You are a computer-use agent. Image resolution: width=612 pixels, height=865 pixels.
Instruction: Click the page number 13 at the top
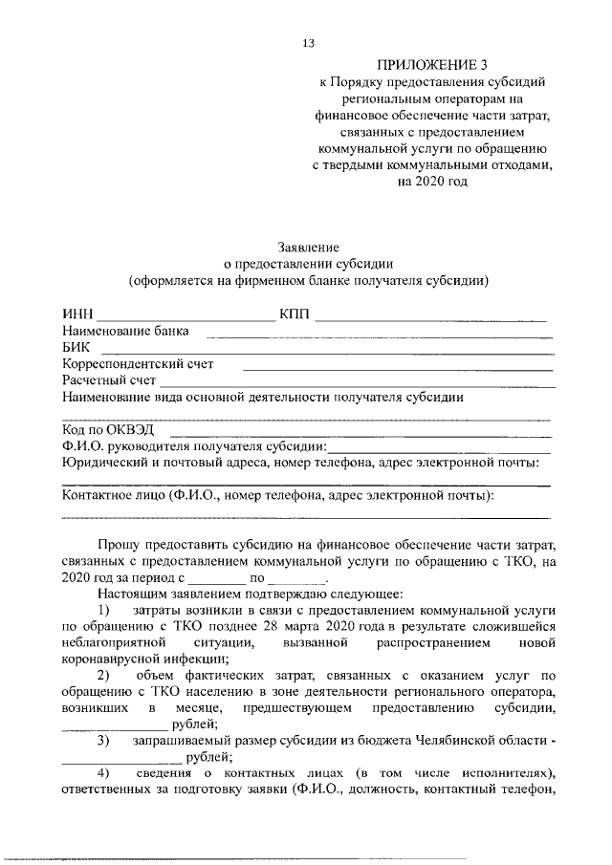tap(307, 43)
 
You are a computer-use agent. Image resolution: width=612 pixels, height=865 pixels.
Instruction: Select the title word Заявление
tap(307, 247)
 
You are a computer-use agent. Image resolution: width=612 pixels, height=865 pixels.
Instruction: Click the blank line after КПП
tap(430, 318)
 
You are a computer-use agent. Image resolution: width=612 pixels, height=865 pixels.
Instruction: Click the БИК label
tap(76, 347)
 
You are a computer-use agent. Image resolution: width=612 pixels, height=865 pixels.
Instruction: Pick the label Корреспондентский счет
tap(138, 363)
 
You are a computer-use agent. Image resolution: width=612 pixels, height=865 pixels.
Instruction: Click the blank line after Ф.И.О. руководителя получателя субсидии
tap(440, 448)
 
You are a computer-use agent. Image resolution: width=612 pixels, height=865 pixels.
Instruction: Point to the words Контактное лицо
tap(113, 496)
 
